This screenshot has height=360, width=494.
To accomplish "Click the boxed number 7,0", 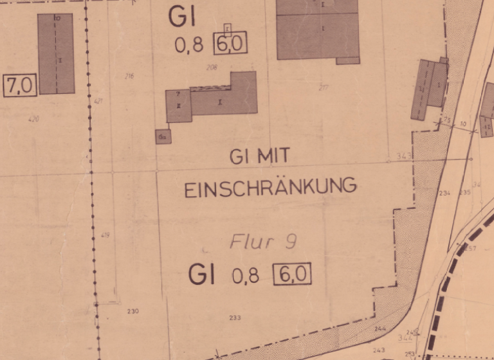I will (x=21, y=85).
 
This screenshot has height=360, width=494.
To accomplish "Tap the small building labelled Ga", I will (x=163, y=136).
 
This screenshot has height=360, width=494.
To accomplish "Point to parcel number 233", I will (x=235, y=318).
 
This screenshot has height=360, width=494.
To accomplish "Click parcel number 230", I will (x=133, y=312).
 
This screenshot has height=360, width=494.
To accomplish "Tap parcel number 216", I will (x=129, y=76).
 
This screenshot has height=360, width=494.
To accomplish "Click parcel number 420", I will (x=33, y=119).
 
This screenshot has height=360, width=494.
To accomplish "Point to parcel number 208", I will (x=212, y=67).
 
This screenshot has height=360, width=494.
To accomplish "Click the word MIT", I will (x=273, y=155).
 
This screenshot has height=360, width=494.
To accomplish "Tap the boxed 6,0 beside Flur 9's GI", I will (x=292, y=274).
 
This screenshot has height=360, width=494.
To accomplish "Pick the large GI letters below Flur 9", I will (x=201, y=275).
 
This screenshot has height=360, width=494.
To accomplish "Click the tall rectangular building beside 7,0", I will (x=56, y=54).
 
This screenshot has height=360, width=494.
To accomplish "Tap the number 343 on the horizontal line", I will (x=403, y=156).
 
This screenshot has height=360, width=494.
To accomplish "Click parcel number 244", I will (x=380, y=329).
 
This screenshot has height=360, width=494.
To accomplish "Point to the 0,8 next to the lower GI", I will (x=245, y=276).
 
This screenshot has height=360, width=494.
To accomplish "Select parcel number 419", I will (x=105, y=235).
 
